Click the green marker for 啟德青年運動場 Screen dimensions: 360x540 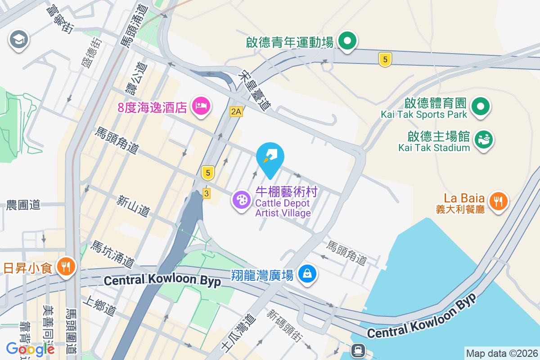(347, 42)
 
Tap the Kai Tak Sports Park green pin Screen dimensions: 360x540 (481, 107)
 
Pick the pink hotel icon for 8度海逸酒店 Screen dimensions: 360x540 (200, 106)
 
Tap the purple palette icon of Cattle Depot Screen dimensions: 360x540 (242, 199)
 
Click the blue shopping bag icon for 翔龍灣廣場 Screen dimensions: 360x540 (307, 274)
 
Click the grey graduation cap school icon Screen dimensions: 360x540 (18, 40)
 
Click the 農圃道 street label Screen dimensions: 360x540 (23, 205)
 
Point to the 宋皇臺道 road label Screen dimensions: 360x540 (255, 91)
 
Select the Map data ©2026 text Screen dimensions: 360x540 (501, 354)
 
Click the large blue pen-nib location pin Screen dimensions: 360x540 (270, 158)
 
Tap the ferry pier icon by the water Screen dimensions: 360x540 (358, 349)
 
